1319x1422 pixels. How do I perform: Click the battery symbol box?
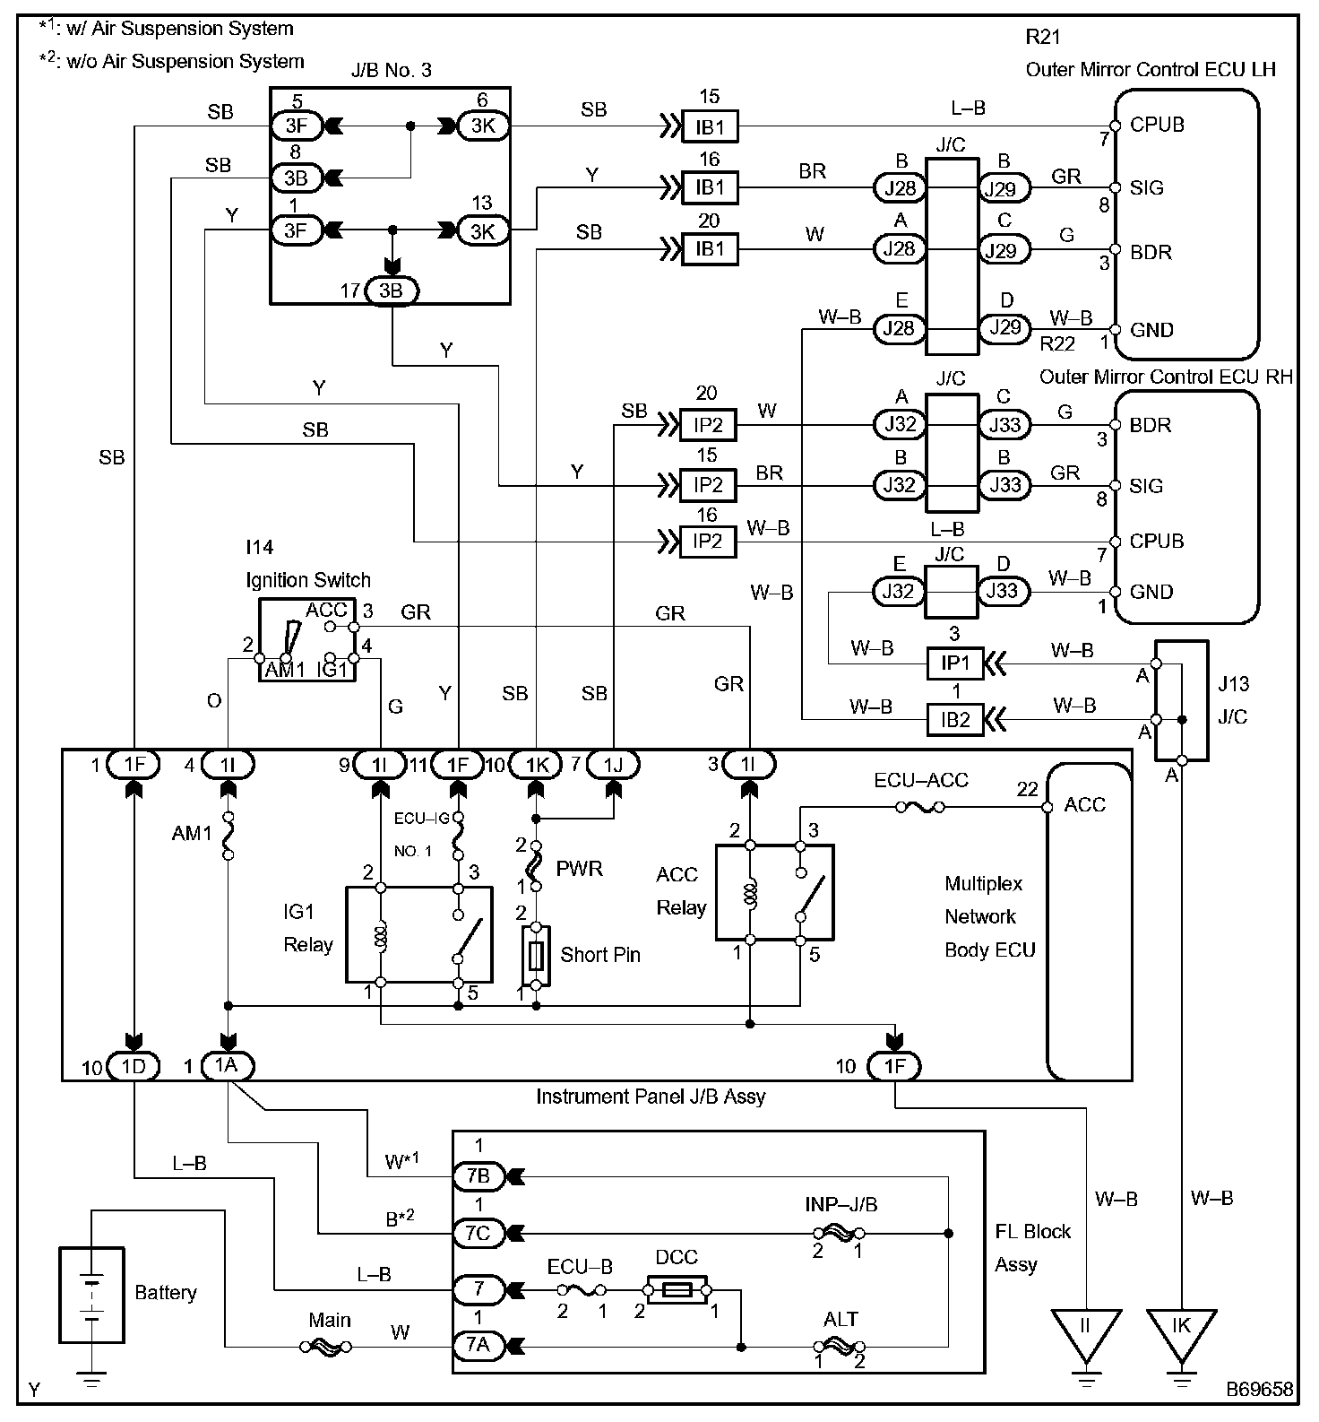(91, 1294)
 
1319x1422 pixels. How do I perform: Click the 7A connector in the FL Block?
(478, 1346)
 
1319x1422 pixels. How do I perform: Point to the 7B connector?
(478, 1175)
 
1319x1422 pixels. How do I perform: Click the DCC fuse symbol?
(676, 1289)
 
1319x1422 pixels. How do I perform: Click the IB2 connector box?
(955, 719)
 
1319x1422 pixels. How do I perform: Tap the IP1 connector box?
(955, 663)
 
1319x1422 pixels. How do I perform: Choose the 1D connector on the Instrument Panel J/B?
(133, 1066)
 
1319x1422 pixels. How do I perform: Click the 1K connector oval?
(536, 764)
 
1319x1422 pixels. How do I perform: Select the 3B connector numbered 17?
(391, 290)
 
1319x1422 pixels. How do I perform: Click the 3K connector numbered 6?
(483, 126)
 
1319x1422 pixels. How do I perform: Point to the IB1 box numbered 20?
(710, 248)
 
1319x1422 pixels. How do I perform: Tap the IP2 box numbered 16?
(708, 542)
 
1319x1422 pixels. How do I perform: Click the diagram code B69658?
(1260, 1389)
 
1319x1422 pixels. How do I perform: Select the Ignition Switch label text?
(308, 580)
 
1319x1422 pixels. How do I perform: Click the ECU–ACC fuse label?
(921, 780)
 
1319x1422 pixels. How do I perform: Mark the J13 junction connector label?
(1233, 684)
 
